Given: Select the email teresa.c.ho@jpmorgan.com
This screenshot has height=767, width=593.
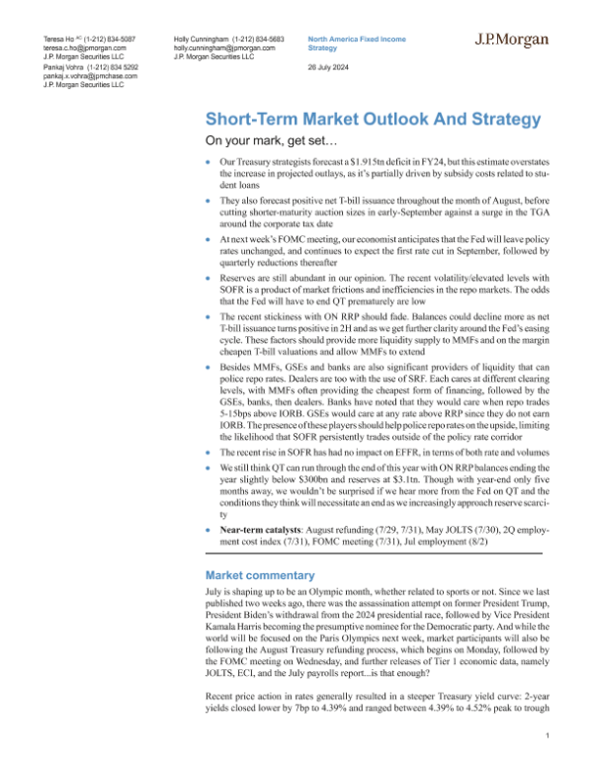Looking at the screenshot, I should pyautogui.click(x=73, y=46).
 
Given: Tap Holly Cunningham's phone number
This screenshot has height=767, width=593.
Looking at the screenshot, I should pyautogui.click(x=247, y=38).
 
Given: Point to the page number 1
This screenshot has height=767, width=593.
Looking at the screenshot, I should pyautogui.click(x=548, y=736).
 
